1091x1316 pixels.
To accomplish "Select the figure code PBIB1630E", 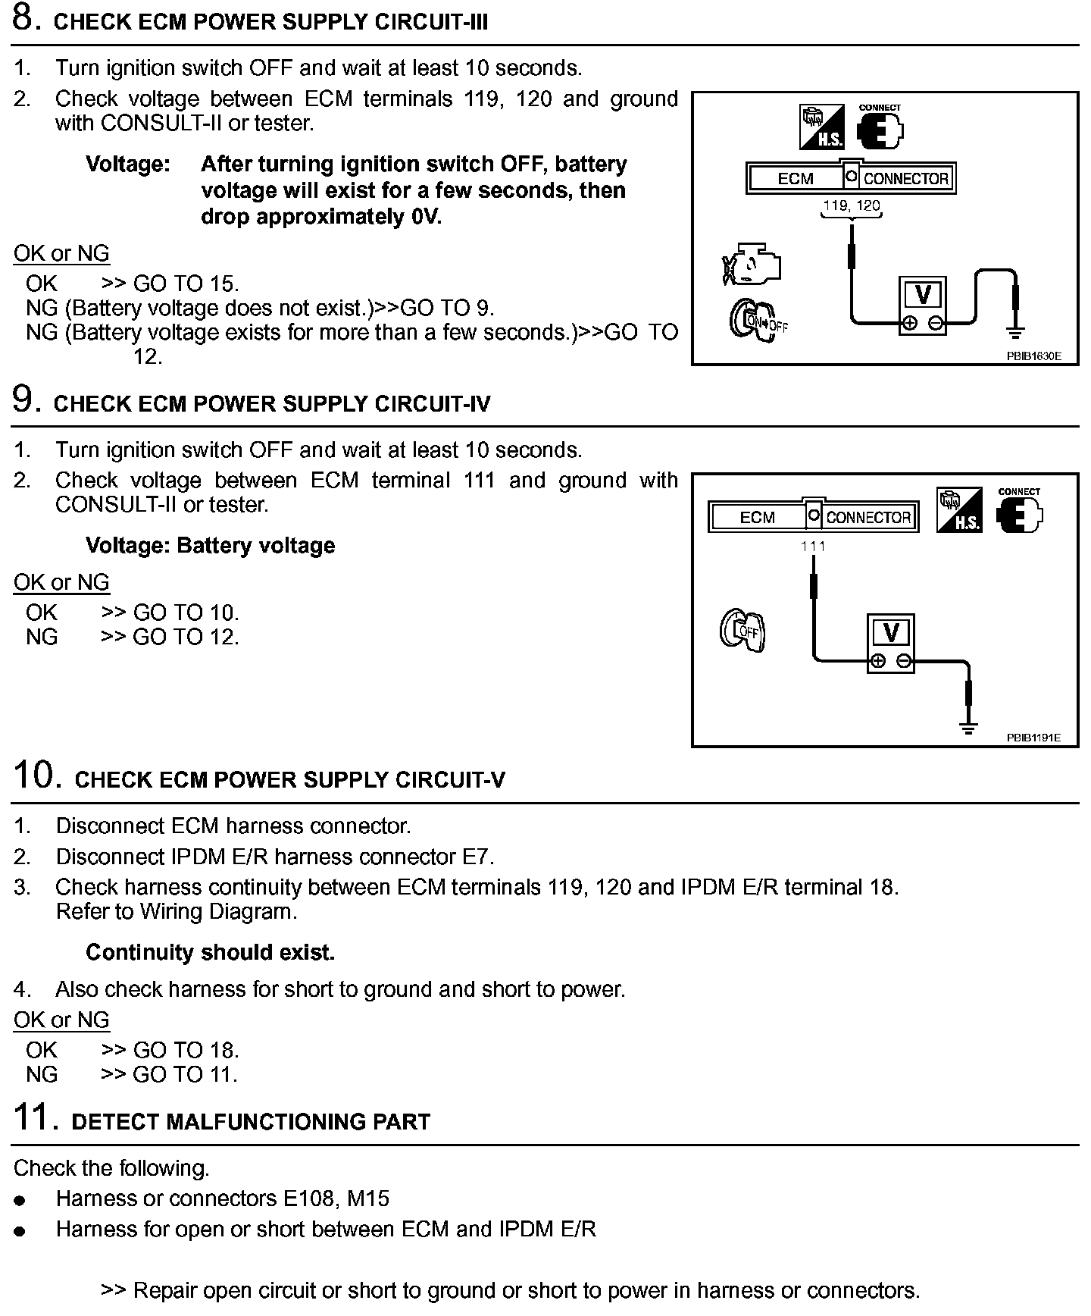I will tap(1033, 355).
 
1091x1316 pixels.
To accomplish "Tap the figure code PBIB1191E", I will tap(1033, 737).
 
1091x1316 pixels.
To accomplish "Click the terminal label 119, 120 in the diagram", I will tap(852, 205).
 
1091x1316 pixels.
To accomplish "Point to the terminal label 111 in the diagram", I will tap(813, 546).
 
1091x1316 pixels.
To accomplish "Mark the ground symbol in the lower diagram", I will tap(968, 728).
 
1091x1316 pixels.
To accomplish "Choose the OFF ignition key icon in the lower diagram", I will tap(742, 630).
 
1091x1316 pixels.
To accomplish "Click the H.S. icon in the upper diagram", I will tap(822, 127).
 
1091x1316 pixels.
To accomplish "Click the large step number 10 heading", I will tap(36, 776).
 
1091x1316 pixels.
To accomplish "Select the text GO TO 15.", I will tap(186, 284).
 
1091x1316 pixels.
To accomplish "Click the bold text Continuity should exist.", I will tap(210, 952).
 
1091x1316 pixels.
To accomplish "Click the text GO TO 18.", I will tap(186, 1050).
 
